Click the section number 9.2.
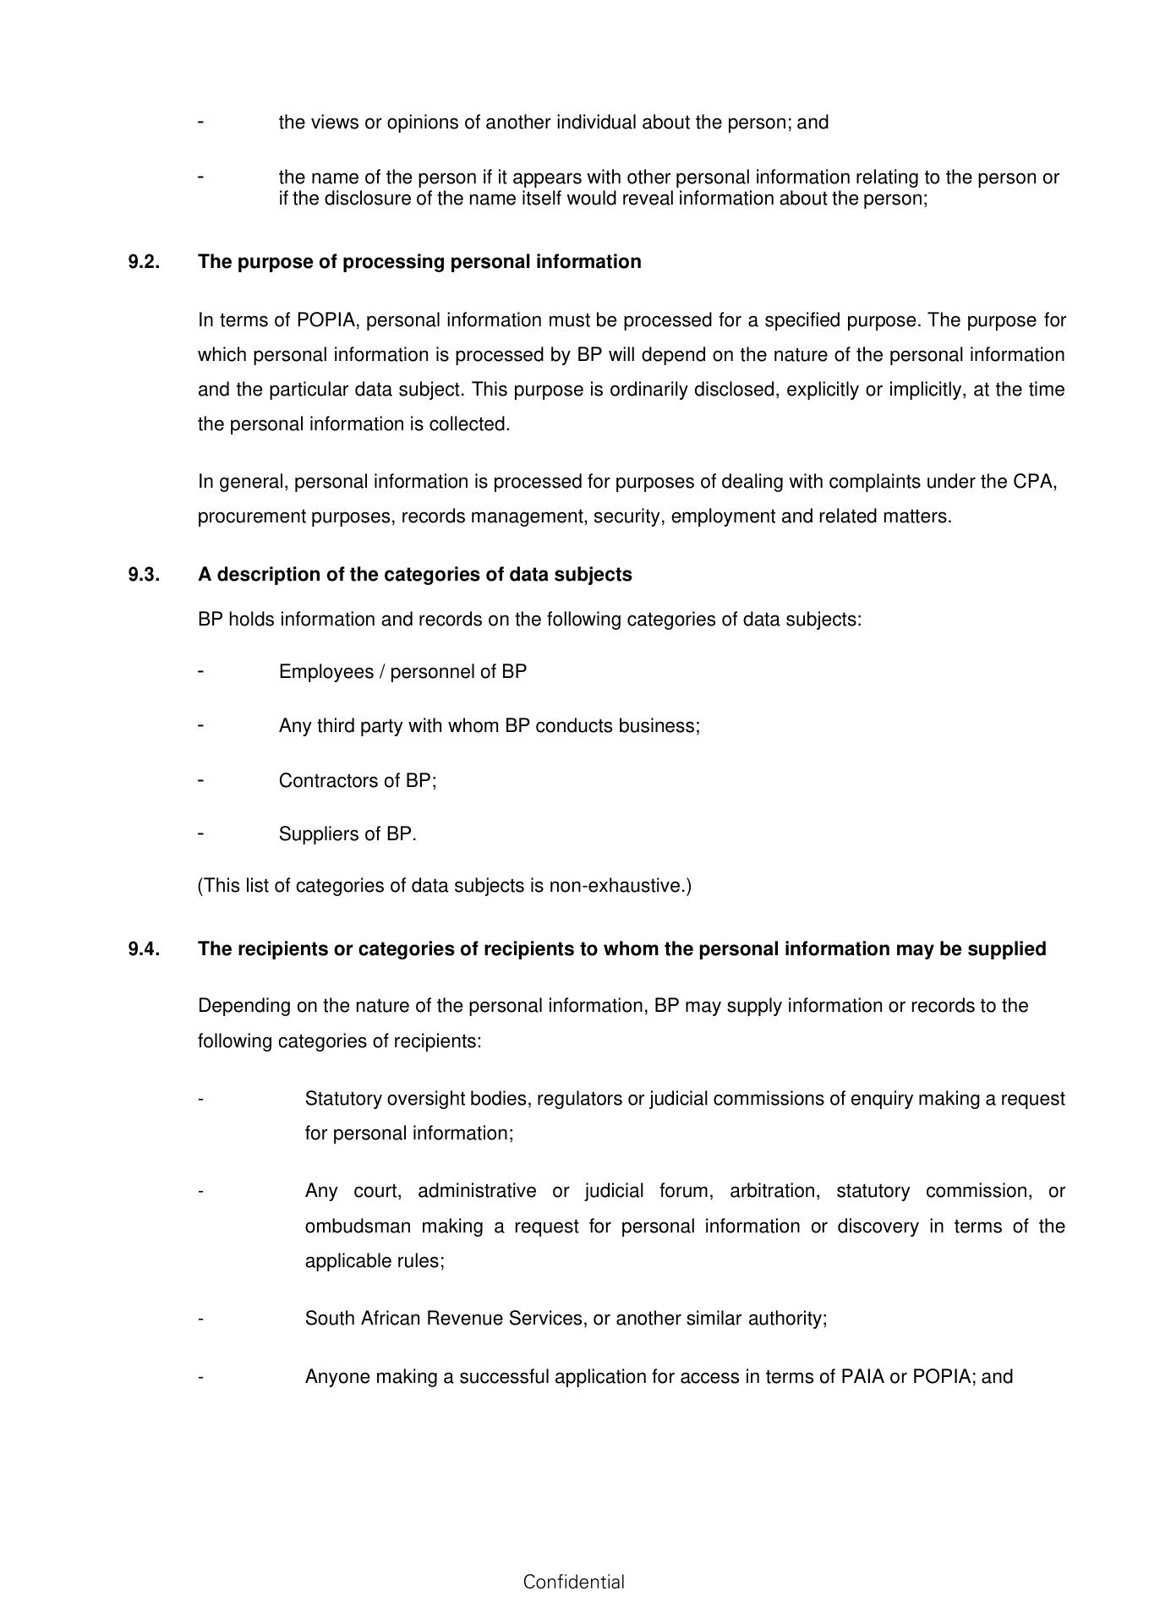(x=144, y=262)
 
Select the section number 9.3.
(x=144, y=575)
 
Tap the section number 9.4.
(x=144, y=949)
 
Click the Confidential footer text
(x=573, y=1582)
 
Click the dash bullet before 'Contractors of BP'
(x=201, y=779)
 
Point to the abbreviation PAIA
(x=862, y=1377)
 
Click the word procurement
(x=251, y=516)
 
